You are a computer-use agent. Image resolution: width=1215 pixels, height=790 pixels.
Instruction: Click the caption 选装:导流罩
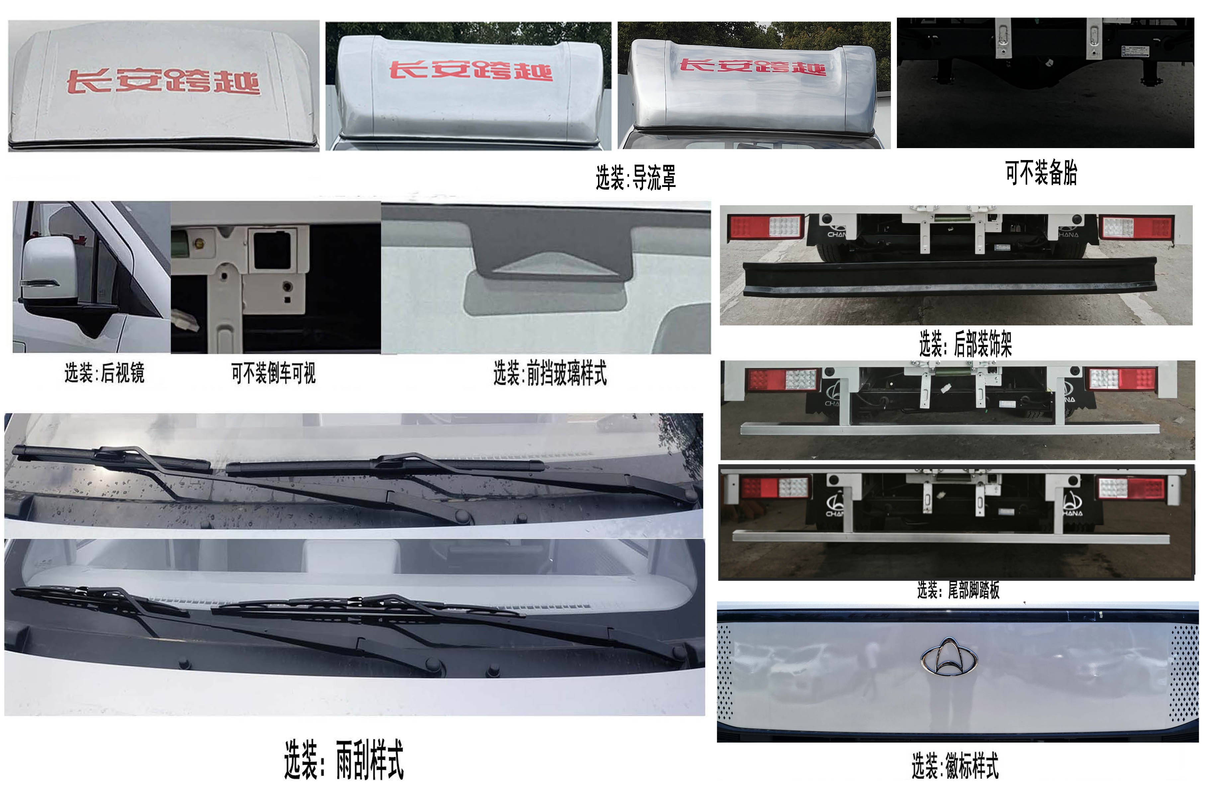(636, 178)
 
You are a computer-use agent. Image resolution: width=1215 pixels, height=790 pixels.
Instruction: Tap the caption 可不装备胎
(1041, 173)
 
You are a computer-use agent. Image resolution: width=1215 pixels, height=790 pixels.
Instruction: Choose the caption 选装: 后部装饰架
(965, 343)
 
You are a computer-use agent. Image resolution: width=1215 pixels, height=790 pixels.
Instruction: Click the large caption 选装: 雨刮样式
(344, 760)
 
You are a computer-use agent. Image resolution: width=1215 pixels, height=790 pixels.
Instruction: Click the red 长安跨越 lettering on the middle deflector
(471, 70)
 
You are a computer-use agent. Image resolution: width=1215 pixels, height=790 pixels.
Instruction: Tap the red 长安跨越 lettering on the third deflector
(753, 66)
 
